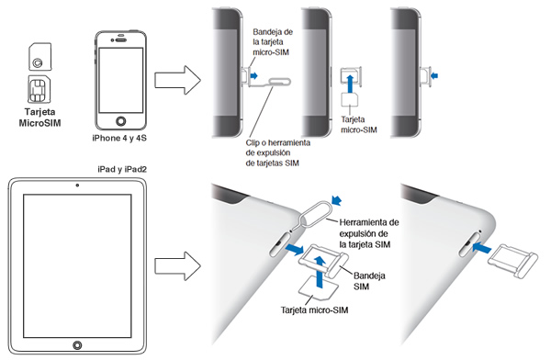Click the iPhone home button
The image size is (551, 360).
(121, 121)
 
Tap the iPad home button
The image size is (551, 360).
(77, 345)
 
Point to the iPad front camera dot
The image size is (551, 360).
(77, 186)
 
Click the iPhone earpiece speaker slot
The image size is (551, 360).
(121, 39)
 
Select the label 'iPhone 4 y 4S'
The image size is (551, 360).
(119, 138)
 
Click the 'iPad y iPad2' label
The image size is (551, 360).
(122, 170)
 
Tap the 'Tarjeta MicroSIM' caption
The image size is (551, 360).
(39, 118)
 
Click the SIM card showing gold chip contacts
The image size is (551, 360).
(39, 89)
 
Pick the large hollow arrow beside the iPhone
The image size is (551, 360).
(177, 80)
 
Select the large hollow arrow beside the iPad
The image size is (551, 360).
(177, 265)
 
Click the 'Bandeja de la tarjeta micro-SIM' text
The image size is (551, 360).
(273, 42)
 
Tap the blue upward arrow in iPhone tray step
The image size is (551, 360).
(350, 83)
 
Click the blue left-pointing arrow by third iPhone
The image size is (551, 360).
(434, 75)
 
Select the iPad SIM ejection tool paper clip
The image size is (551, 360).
(313, 214)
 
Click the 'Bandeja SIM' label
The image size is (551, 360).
(369, 281)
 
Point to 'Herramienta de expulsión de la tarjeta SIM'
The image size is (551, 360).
(369, 233)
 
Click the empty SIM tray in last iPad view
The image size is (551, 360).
(513, 261)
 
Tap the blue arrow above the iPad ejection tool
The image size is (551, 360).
(337, 200)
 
